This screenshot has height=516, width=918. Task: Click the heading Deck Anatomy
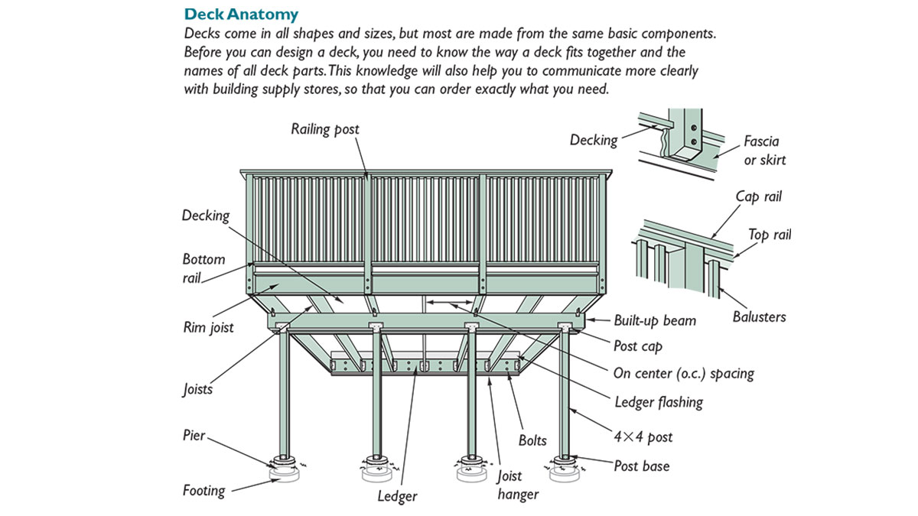(x=241, y=14)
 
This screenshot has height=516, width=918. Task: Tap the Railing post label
(x=324, y=129)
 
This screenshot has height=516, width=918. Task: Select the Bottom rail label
(x=203, y=268)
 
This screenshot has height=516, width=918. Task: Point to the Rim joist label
(x=208, y=327)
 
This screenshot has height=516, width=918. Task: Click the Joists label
(x=197, y=389)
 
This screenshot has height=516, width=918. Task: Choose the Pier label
(x=194, y=435)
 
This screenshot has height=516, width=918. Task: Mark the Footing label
(x=203, y=490)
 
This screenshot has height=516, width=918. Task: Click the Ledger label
(x=397, y=496)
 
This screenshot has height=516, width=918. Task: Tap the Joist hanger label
(x=518, y=485)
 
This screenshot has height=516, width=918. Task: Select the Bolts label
(x=532, y=440)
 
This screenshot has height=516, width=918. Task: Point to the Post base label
(x=641, y=466)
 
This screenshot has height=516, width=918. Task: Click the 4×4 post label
(x=643, y=436)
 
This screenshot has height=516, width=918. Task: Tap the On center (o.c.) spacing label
(x=683, y=374)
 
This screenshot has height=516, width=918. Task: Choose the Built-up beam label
(x=655, y=320)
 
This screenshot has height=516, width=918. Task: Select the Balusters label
(x=759, y=316)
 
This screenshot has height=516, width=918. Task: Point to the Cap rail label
(x=758, y=197)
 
